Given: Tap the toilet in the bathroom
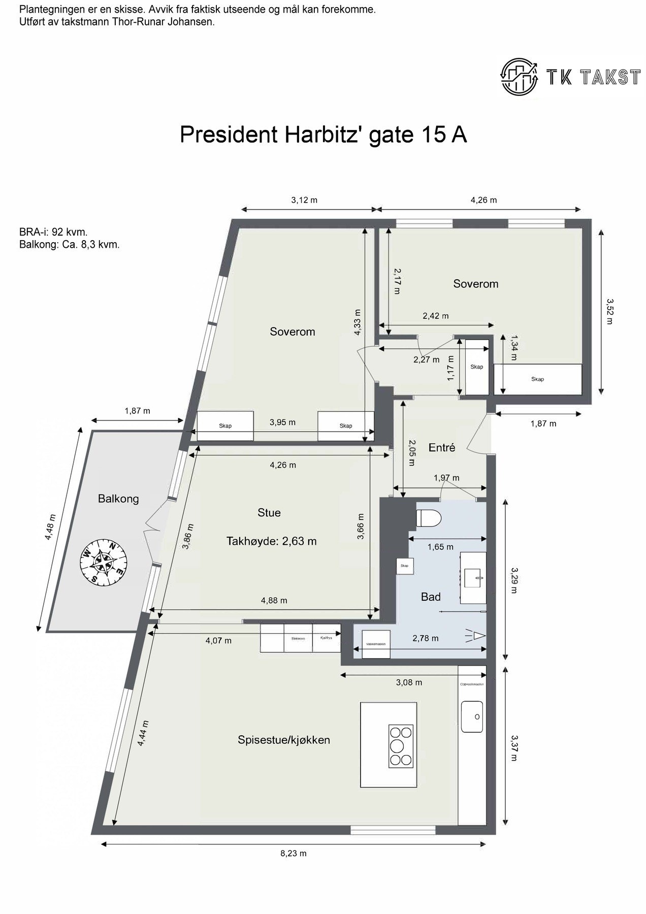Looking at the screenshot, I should [429, 518].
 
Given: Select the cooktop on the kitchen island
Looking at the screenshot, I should [401, 745].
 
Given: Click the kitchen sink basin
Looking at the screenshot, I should [472, 716].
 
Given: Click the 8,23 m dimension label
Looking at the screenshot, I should [294, 853].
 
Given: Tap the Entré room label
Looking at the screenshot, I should [441, 447].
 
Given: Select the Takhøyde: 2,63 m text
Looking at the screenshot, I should [271, 541].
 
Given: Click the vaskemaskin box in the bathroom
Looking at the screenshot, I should [376, 644].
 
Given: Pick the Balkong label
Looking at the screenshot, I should [118, 499].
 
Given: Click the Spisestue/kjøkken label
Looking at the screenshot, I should [283, 740].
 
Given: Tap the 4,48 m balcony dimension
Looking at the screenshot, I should [50, 528].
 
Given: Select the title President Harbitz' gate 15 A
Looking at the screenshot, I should [323, 135].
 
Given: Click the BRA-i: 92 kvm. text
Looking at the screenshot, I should [53, 232].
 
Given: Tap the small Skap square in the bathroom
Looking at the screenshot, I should [405, 566].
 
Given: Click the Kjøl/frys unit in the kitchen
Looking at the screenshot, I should [326, 638].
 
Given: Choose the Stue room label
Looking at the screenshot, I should [269, 513].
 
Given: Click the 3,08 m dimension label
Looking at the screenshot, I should [409, 682].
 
